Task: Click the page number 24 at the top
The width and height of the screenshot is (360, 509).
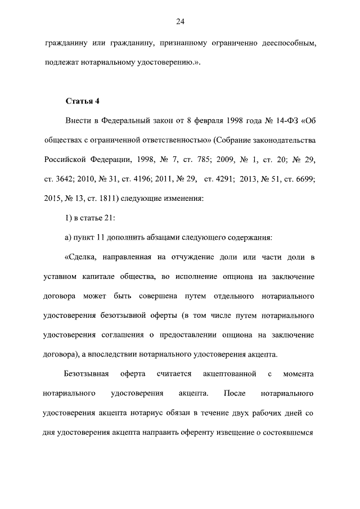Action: pos(180,22)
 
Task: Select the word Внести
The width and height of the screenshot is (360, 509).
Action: pos(79,121)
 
